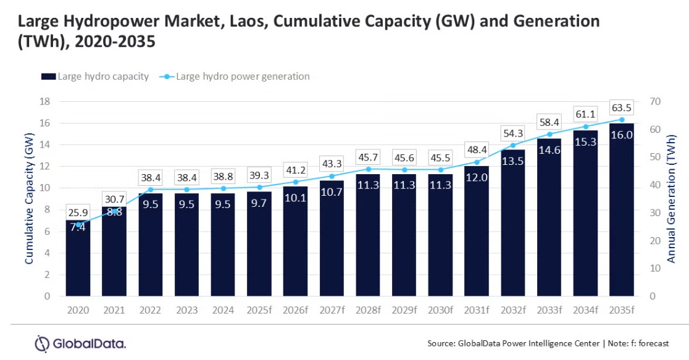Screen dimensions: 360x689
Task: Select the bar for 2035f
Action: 621,210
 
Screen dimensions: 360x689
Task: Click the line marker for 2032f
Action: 512,146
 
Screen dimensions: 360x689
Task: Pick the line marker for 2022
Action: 151,190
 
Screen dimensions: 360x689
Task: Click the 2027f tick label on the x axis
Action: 332,310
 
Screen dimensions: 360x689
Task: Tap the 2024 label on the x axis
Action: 223,310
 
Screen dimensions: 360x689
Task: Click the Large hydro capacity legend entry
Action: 96,77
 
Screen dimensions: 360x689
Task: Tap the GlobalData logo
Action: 80,343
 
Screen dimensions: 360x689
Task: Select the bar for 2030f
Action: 440,235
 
